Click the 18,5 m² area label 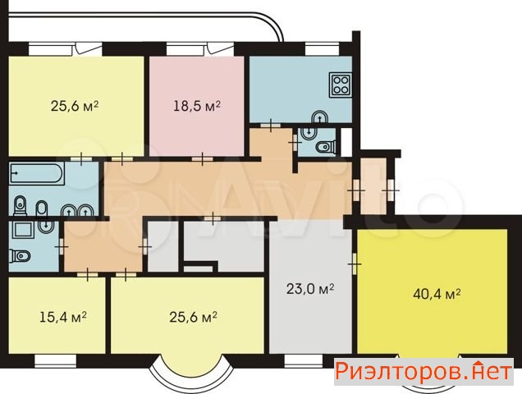(x=197, y=106)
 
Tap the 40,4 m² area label (x=437, y=294)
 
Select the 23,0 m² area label (x=310, y=289)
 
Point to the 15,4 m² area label (x=63, y=317)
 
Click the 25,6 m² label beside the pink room (x=75, y=106)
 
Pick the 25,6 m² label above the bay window (x=194, y=317)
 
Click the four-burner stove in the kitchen (x=341, y=85)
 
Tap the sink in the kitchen (x=320, y=117)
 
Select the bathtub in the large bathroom (x=37, y=173)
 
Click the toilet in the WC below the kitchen (x=326, y=147)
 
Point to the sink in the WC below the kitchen (x=309, y=132)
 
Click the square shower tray (x=23, y=230)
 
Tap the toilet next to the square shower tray (x=20, y=256)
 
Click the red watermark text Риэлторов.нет (x=424, y=371)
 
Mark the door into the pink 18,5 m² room (x=203, y=159)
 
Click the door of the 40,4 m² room (x=355, y=263)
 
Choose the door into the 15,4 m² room (x=88, y=274)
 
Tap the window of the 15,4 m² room (x=55, y=361)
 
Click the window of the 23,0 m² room (x=304, y=361)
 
